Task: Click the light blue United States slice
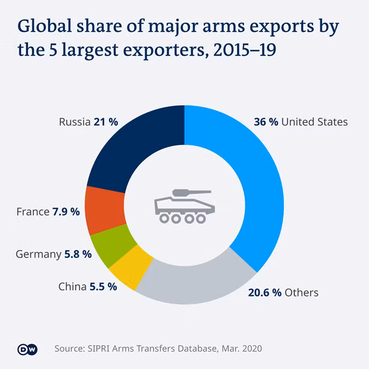pos(261,183)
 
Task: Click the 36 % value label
pos(266,122)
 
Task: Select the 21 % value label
pos(106,122)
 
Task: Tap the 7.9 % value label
pos(66,212)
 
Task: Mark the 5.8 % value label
pos(78,254)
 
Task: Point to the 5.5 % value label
pos(103,287)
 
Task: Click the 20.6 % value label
pos(265,292)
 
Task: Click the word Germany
pos(39,254)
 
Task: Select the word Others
pos(301,292)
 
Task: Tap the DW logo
pos(27,349)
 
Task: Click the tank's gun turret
pos(192,192)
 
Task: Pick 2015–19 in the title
pos(244,50)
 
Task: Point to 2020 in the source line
pos(252,348)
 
